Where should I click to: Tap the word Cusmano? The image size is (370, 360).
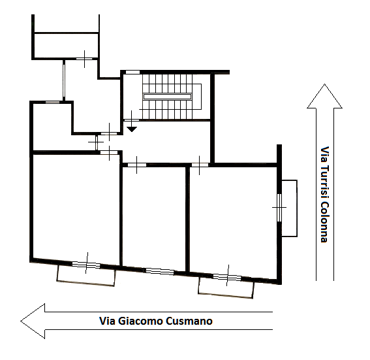(x=189, y=321)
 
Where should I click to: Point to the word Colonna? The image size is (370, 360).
(x=325, y=222)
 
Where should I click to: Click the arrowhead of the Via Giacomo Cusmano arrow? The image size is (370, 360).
(x=33, y=321)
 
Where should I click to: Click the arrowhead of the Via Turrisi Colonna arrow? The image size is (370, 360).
(x=325, y=96)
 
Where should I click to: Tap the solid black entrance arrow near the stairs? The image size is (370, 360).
(x=132, y=129)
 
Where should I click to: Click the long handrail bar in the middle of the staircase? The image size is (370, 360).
(x=167, y=97)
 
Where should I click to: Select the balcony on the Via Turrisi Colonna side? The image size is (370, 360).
(x=290, y=208)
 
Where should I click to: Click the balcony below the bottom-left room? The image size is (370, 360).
(x=86, y=276)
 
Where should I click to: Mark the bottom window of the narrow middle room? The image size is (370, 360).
(x=160, y=272)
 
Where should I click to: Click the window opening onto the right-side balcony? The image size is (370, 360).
(x=279, y=208)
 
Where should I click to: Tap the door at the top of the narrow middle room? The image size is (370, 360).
(x=137, y=165)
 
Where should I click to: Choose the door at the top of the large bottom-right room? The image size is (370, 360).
(x=200, y=165)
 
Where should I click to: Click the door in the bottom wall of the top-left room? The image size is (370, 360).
(x=84, y=59)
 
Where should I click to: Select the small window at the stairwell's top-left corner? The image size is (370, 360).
(x=132, y=72)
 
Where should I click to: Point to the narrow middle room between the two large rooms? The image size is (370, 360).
(x=154, y=218)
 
